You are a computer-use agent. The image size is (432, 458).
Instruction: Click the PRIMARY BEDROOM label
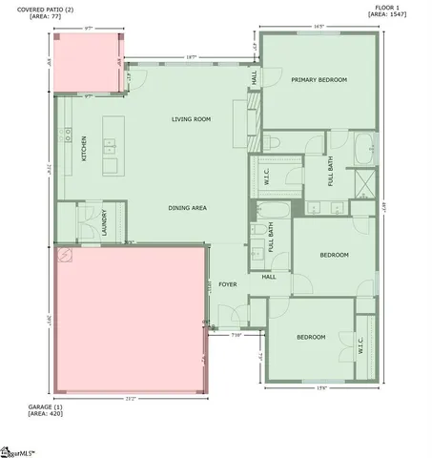(319, 80)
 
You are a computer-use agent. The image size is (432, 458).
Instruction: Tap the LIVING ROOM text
(191, 119)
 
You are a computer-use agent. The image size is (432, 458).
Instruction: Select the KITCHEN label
(84, 149)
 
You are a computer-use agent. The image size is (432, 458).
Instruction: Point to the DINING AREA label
(188, 207)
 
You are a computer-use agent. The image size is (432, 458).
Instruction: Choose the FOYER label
(227, 284)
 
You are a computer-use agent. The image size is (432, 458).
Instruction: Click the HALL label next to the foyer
(269, 278)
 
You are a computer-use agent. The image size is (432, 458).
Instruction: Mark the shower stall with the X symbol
(363, 183)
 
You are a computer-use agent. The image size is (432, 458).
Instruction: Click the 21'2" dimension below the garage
(131, 398)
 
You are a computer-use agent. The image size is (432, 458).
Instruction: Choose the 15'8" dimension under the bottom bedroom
(322, 387)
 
